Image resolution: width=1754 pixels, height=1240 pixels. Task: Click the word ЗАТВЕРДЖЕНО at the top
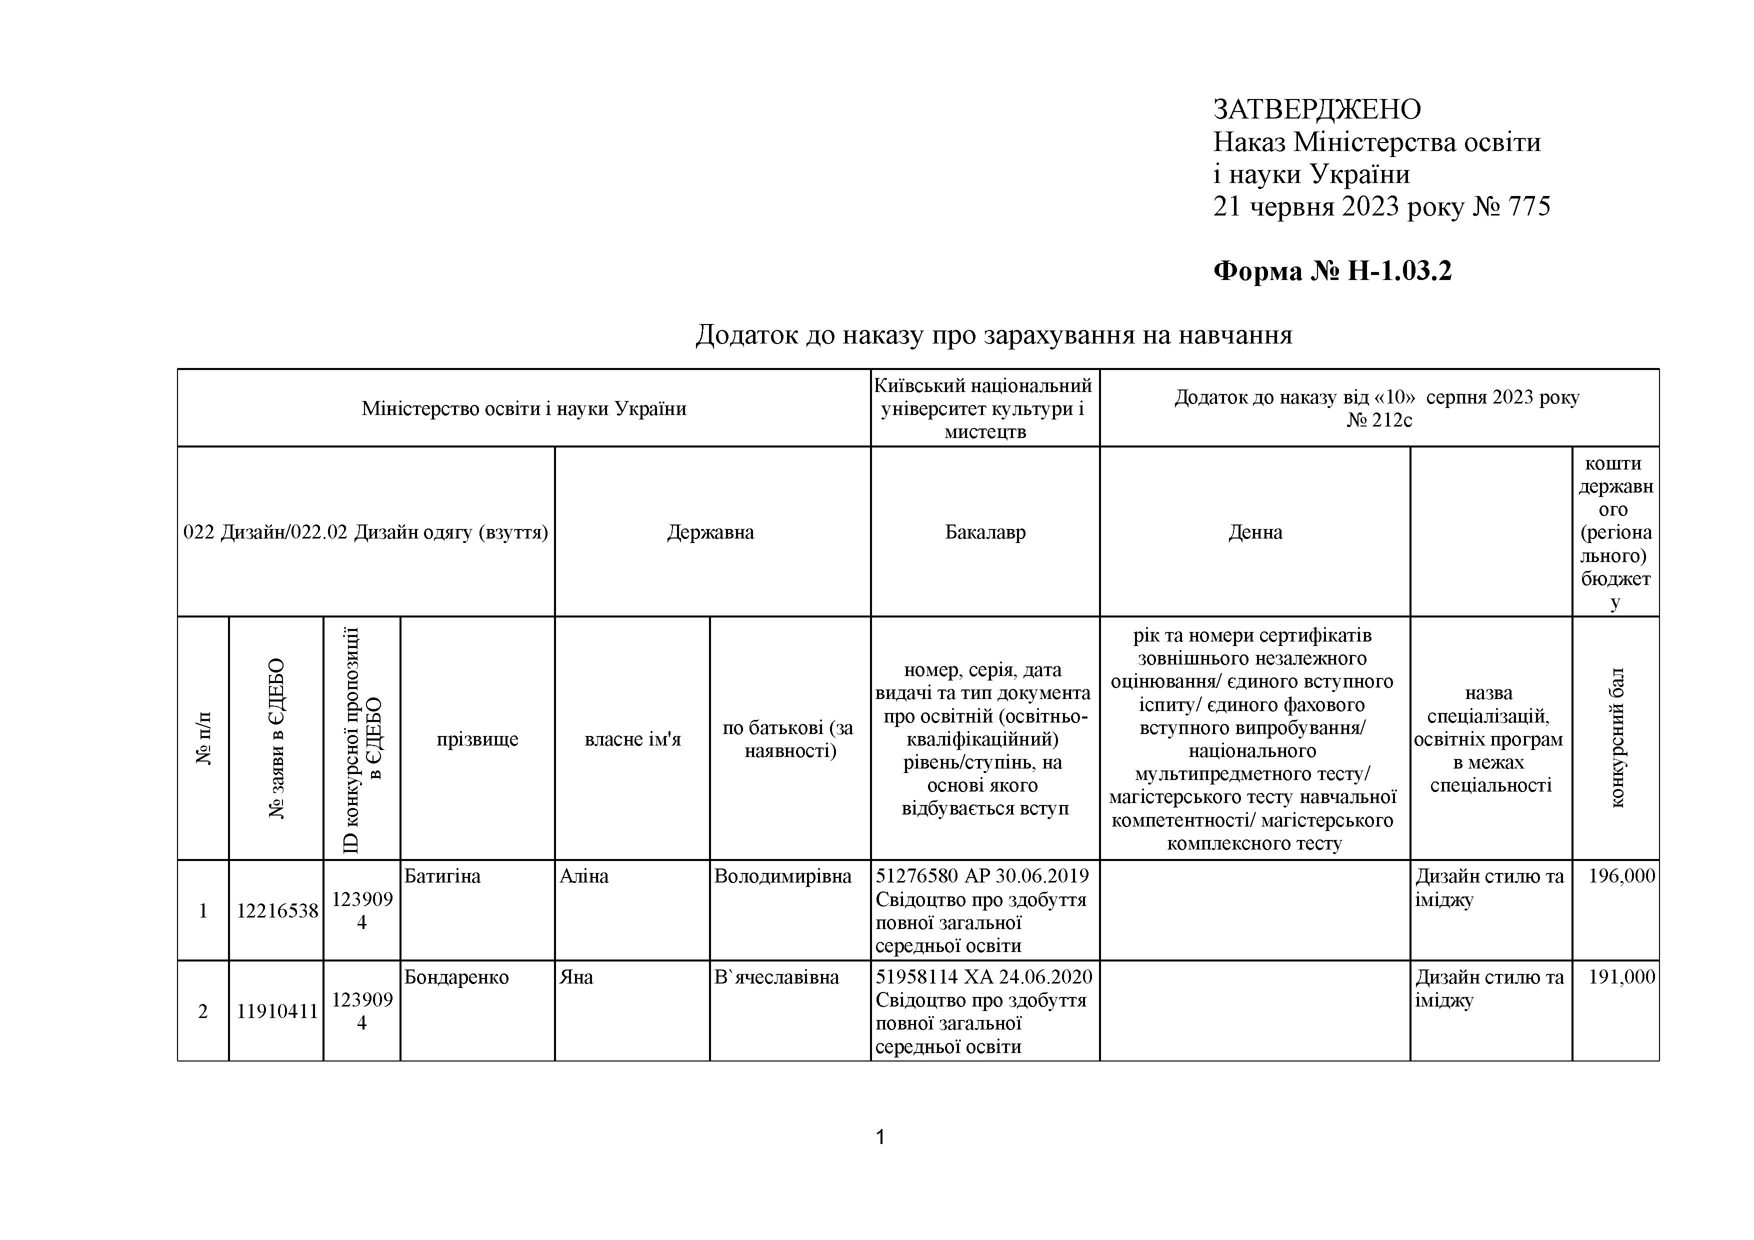tap(1316, 109)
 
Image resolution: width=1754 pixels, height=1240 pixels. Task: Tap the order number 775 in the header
tap(1528, 206)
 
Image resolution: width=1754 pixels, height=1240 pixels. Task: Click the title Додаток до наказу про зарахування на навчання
tap(993, 334)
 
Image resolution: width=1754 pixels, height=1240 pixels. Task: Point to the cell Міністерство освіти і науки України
tap(523, 408)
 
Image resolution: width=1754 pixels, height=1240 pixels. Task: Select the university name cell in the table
tap(984, 408)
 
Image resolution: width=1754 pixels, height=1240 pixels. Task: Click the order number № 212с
tap(1379, 420)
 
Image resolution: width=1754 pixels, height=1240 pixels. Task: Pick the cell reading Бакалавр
tap(984, 532)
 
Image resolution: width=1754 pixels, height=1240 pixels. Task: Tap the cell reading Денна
tap(1254, 532)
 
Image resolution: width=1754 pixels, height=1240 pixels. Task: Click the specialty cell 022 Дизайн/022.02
tap(365, 532)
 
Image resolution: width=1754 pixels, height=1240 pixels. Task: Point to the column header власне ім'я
tap(632, 739)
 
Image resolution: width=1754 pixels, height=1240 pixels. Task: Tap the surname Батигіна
tap(442, 876)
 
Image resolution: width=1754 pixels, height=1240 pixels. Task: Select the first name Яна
tap(576, 977)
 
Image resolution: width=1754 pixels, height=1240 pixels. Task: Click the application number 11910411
tap(276, 1011)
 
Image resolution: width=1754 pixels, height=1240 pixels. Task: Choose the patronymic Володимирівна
tap(782, 876)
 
